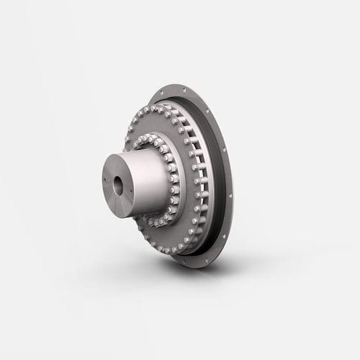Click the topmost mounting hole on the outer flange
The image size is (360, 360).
tap(185, 90)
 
